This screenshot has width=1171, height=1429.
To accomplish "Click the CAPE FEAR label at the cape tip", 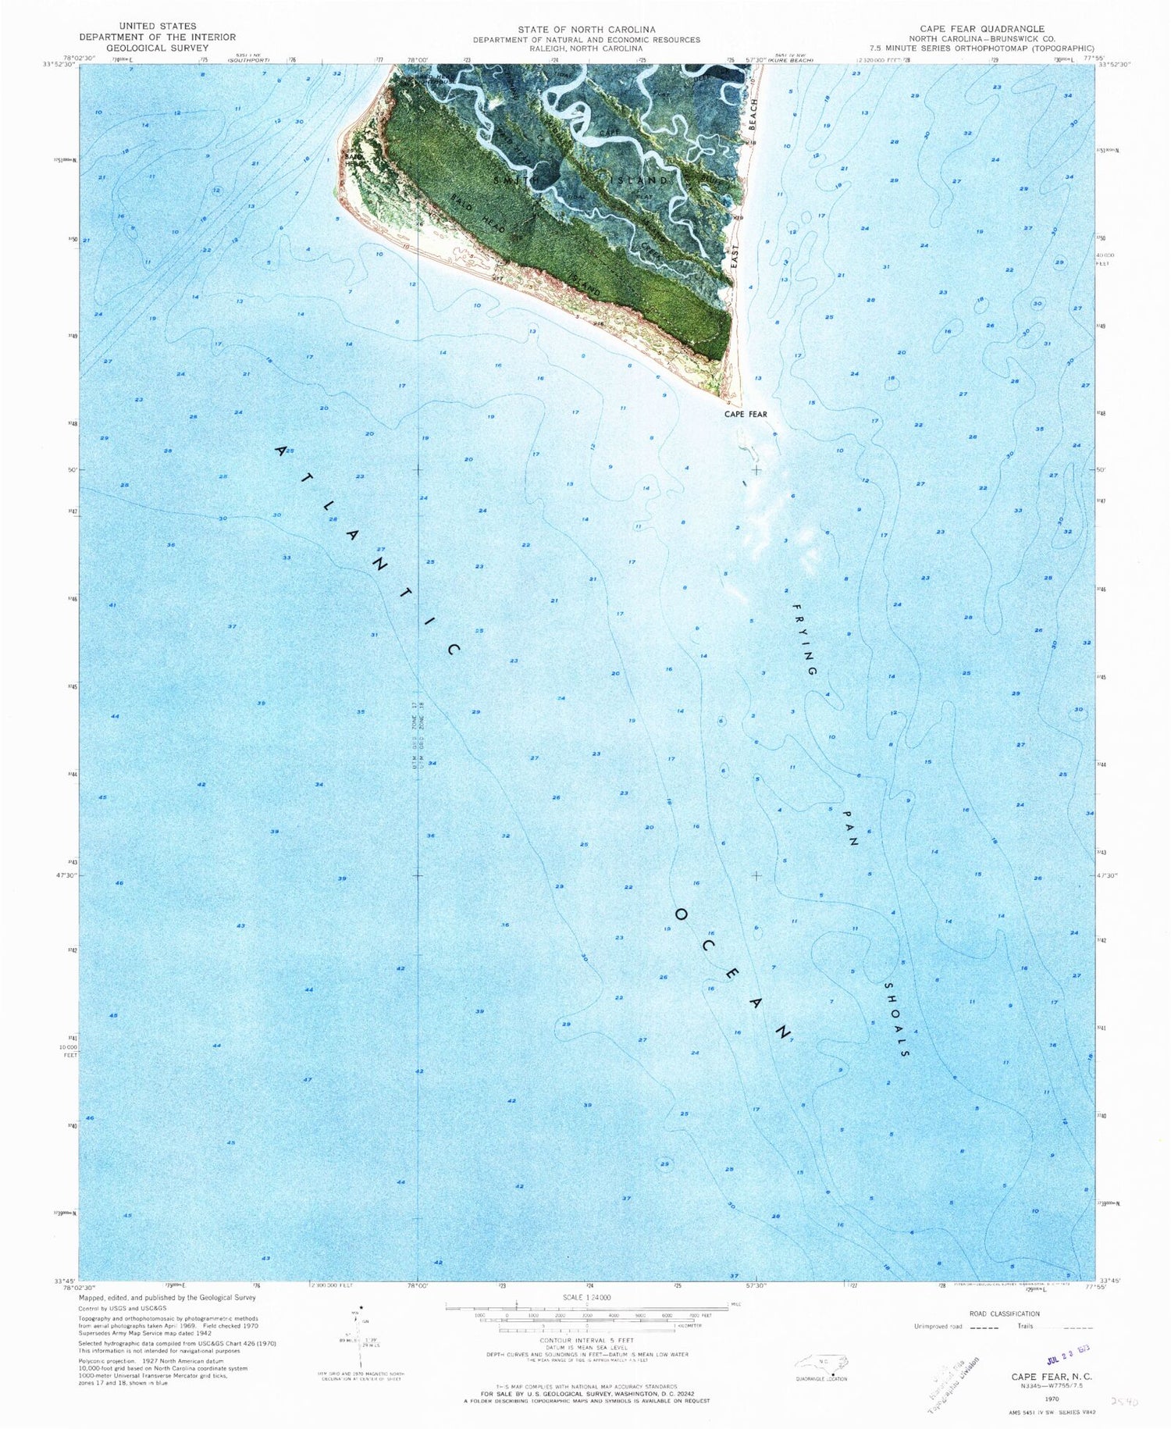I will pyautogui.click(x=746, y=414).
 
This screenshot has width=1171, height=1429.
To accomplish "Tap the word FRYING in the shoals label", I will pyautogui.click(x=805, y=639).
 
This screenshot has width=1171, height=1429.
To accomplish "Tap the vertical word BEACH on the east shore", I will pyautogui.click(x=753, y=105).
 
